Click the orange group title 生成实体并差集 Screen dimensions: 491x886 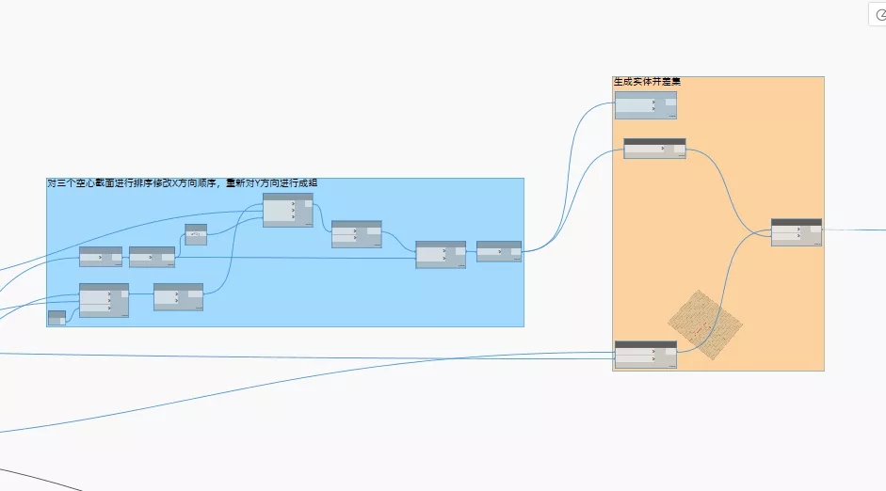pos(647,82)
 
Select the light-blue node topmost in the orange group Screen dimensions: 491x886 pos(645,104)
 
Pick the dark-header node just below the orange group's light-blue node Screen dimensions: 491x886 pos(654,149)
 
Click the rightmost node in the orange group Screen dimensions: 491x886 pos(796,232)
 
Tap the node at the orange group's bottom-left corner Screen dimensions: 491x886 pos(645,355)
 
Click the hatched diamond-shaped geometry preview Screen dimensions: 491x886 pos(705,324)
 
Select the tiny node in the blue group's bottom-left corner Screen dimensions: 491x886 pos(56,318)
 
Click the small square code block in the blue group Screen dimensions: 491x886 pos(196,234)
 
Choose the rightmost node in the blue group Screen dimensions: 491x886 pos(498,251)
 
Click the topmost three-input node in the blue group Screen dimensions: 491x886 pos(287,210)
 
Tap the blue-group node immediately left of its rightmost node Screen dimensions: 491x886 pos(441,255)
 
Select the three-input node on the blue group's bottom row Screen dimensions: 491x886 pos(104,300)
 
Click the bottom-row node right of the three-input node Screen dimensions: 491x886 pos(178,297)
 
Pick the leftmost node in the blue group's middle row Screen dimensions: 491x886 pos(101,257)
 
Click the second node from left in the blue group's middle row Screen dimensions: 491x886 pos(152,257)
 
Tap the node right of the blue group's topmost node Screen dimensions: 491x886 pos(356,234)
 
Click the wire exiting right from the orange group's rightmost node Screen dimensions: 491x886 pos(852,229)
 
